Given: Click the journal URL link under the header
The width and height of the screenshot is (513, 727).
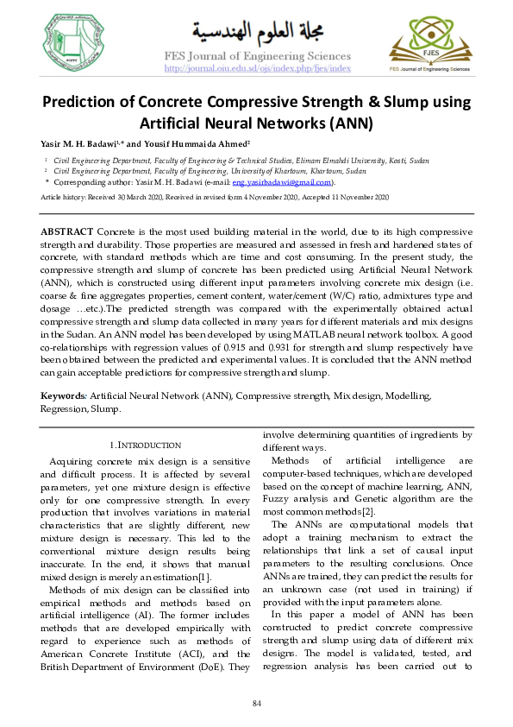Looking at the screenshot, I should click(x=257, y=68).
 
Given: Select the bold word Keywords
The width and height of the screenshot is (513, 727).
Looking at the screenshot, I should click(x=64, y=395).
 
